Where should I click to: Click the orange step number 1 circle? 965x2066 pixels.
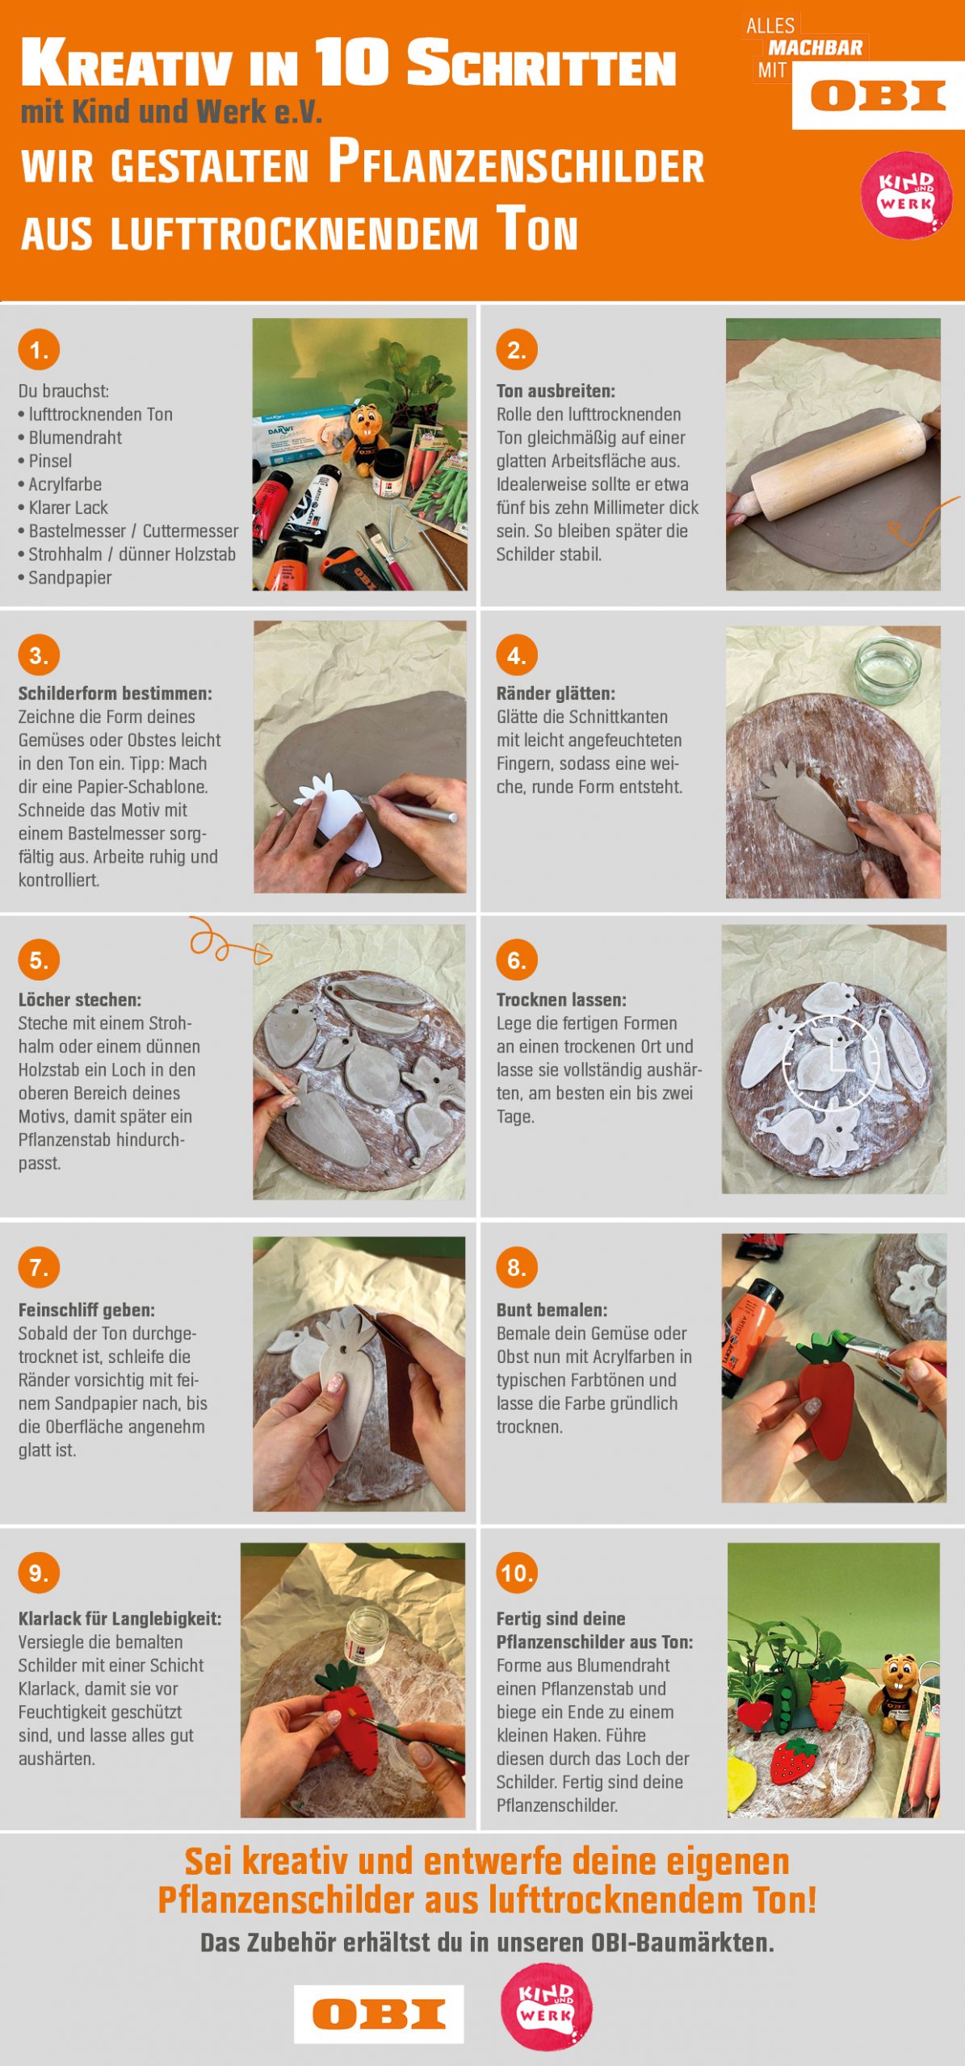[x=39, y=349]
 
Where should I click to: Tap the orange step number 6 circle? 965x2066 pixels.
[x=517, y=960]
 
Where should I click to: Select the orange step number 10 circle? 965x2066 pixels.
[x=517, y=1572]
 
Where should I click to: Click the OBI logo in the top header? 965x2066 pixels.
[x=879, y=95]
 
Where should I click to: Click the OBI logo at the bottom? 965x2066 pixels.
[x=379, y=2014]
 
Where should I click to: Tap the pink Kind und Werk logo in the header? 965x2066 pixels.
[x=906, y=195]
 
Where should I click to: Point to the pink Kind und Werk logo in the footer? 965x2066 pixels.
[x=547, y=2006]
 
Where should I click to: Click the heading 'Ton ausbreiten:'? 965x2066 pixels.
[x=556, y=391]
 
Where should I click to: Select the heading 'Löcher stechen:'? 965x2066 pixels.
[x=80, y=1000]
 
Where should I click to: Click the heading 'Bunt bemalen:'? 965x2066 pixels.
[x=552, y=1311]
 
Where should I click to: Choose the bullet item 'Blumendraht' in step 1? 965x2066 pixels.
[x=69, y=437]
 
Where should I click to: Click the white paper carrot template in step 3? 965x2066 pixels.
[x=341, y=817]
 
